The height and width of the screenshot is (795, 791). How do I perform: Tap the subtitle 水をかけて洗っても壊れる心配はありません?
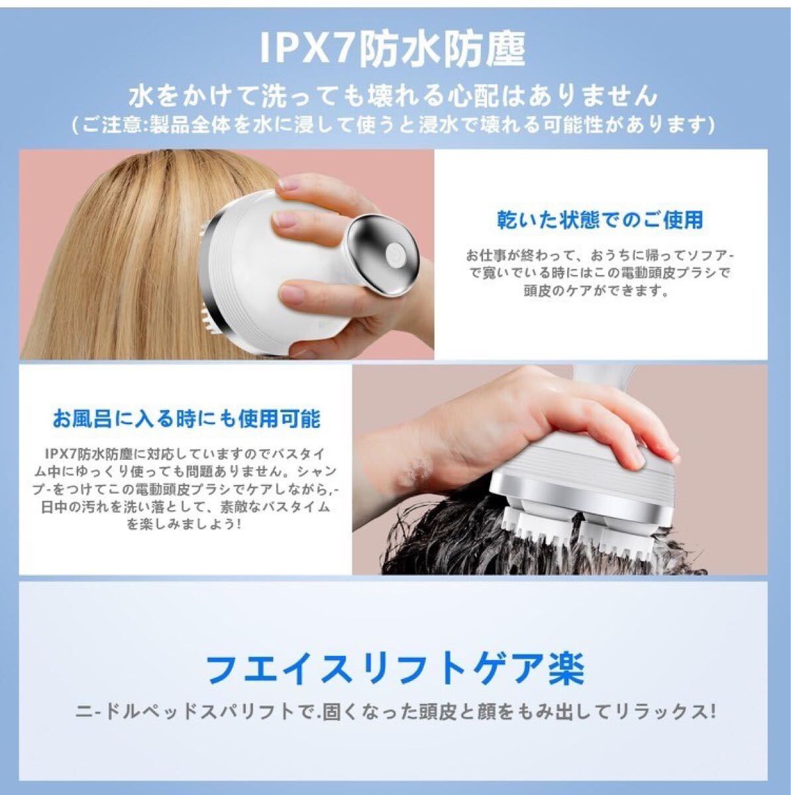(x=393, y=96)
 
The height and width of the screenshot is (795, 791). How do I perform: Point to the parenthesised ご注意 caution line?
(x=393, y=124)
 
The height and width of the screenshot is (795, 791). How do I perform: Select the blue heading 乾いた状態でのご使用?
(x=600, y=219)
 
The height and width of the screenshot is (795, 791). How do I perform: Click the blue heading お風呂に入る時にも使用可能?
(x=187, y=419)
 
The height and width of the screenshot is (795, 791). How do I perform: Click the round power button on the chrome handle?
(x=394, y=252)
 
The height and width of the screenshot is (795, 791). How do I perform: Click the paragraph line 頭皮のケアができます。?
(x=596, y=291)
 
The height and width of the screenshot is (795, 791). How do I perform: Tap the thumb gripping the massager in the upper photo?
(x=297, y=293)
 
